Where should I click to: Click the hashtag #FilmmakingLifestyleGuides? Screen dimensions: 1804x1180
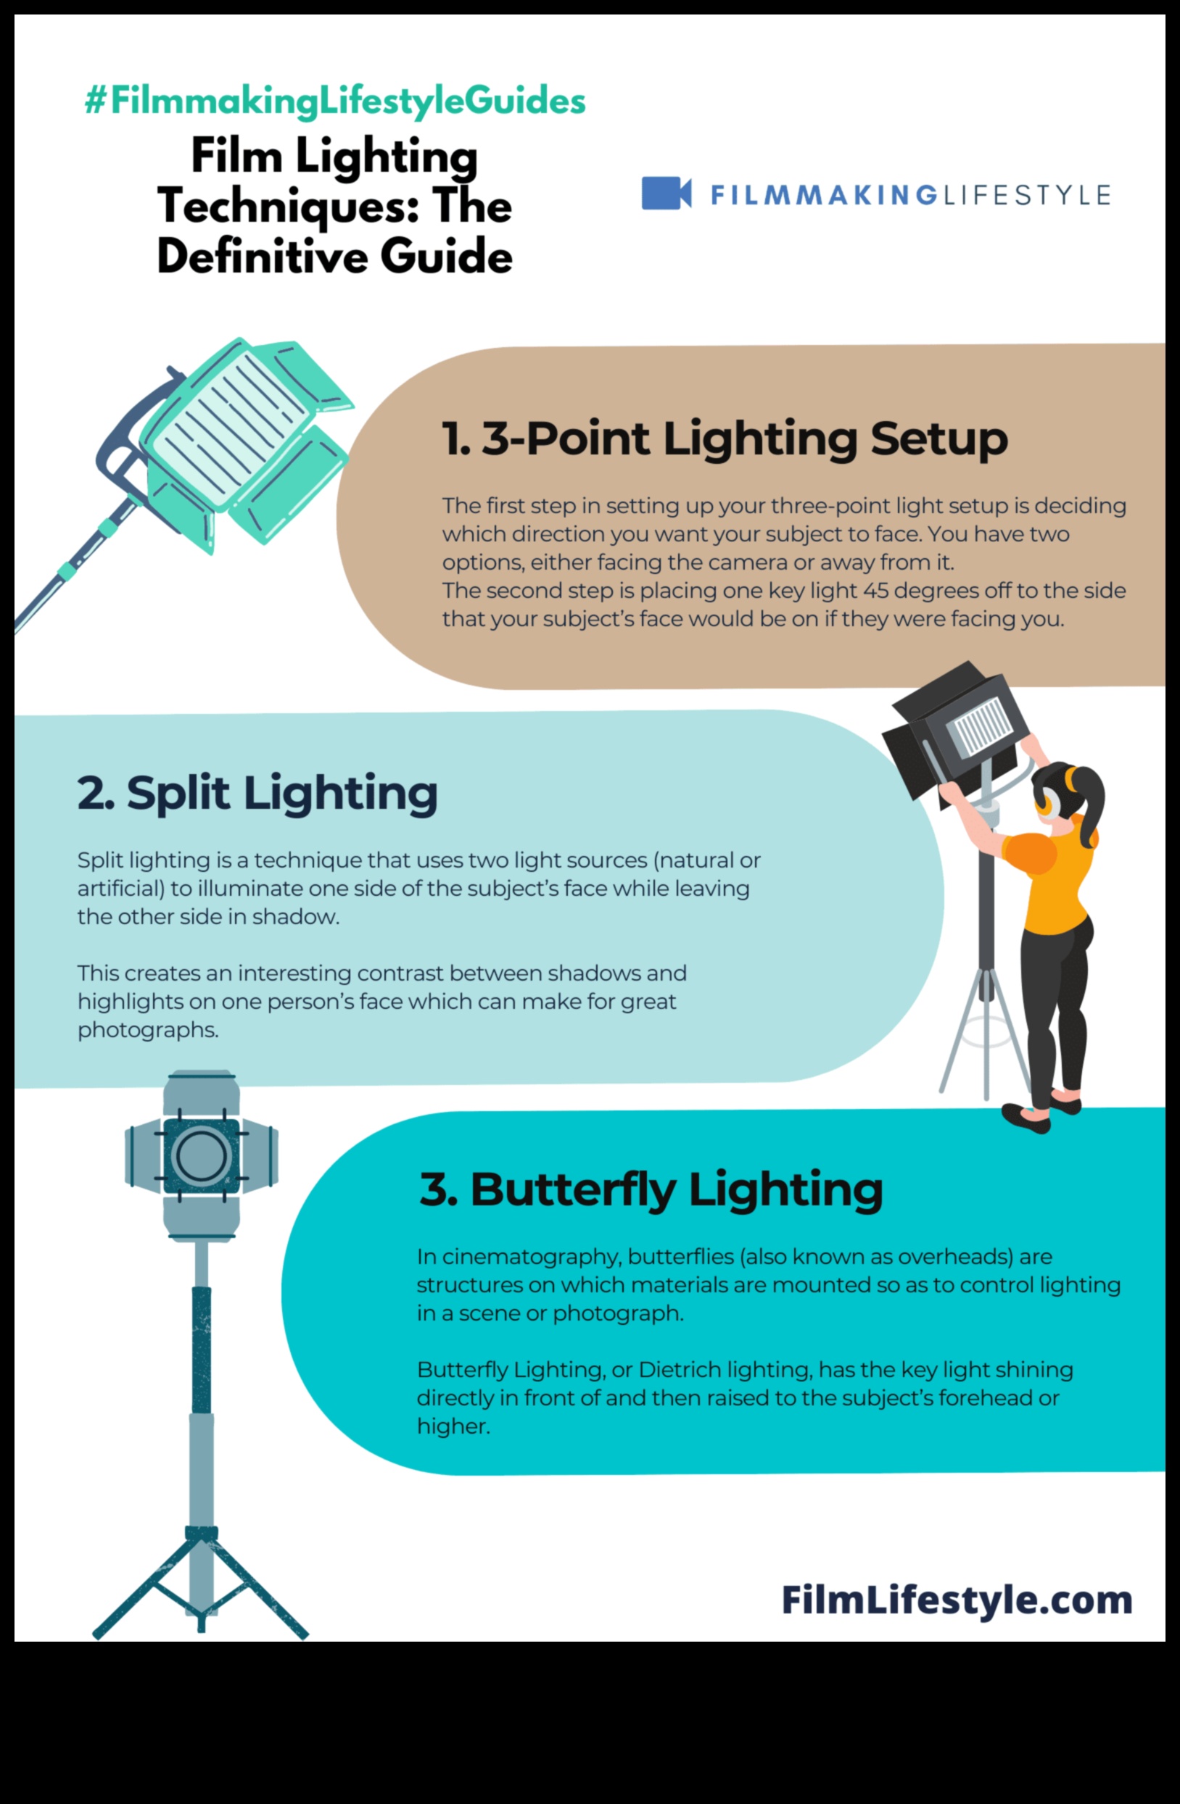tap(334, 101)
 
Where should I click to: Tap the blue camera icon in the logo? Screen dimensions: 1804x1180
tap(665, 194)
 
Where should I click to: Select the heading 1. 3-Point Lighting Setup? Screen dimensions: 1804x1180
tap(725, 439)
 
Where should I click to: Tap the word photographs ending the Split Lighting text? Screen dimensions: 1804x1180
tap(147, 1029)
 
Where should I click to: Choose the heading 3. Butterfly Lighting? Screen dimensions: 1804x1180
tap(651, 1189)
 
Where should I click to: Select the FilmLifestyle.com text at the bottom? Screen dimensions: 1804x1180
tap(957, 1600)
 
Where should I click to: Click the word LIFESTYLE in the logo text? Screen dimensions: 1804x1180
tap(1026, 195)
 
